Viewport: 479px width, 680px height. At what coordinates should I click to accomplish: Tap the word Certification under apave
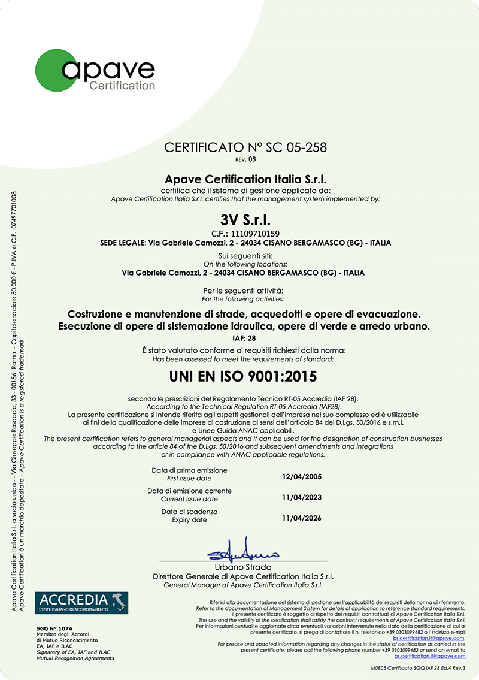pos(122,86)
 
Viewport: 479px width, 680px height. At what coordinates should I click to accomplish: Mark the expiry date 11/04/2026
pos(301,517)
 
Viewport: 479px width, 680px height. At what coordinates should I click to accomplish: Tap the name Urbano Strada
pos(243,567)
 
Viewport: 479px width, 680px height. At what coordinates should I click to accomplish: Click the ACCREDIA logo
pos(81,602)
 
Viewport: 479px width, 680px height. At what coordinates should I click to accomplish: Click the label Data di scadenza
pos(189,512)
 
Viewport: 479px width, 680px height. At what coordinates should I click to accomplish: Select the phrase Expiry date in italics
pos(187,520)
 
